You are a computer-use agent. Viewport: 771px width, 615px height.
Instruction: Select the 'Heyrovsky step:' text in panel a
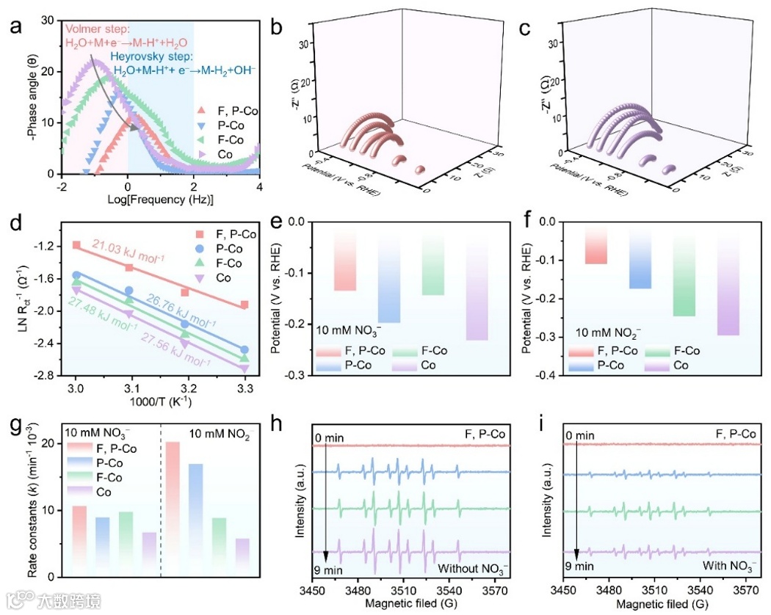click(152, 57)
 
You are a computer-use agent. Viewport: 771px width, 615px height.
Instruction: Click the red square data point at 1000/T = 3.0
click(76, 245)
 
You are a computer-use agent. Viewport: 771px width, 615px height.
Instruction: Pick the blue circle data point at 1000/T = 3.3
click(245, 350)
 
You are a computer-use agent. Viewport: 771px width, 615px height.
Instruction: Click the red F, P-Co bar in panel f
click(596, 244)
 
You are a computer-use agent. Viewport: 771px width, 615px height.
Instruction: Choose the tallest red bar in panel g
click(173, 506)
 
